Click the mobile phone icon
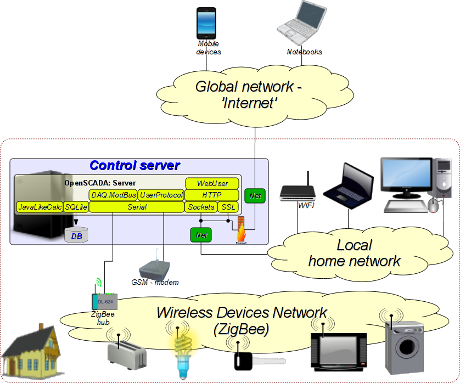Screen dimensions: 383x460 point(206,23)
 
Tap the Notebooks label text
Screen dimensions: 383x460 point(304,52)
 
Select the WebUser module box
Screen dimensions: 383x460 point(212,183)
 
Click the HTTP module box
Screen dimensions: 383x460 point(212,195)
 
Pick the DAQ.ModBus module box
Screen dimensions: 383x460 point(113,195)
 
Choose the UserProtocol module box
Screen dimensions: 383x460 point(161,195)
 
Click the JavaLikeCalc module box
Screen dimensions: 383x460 point(39,207)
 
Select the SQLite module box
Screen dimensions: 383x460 point(76,207)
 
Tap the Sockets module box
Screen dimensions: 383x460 point(200,207)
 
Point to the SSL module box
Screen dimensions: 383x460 point(228,207)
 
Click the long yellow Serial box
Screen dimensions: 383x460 point(137,207)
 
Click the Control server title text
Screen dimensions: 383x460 point(134,166)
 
